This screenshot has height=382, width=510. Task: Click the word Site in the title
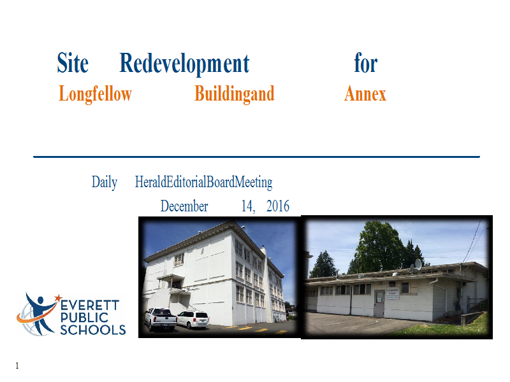pyautogui.click(x=73, y=62)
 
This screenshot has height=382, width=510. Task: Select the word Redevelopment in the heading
pyautogui.click(x=184, y=64)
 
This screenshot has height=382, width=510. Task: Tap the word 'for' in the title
pyautogui.click(x=366, y=62)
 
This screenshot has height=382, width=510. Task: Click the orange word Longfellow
pyautogui.click(x=95, y=94)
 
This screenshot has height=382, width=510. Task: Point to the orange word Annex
pyautogui.click(x=365, y=94)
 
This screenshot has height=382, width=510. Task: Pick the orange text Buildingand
pyautogui.click(x=235, y=94)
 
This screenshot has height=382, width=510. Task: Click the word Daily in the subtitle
pyautogui.click(x=105, y=182)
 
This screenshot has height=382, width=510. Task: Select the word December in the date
pyautogui.click(x=184, y=206)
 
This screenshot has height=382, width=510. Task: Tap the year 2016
pyautogui.click(x=278, y=206)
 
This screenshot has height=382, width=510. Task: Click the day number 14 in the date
pyautogui.click(x=248, y=206)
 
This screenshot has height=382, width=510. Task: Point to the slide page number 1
pyautogui.click(x=17, y=365)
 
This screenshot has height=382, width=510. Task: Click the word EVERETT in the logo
pyautogui.click(x=90, y=306)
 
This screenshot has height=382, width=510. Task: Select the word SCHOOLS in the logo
pyautogui.click(x=93, y=330)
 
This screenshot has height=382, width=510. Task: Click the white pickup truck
pyautogui.click(x=161, y=319)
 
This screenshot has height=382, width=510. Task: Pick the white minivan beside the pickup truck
pyautogui.click(x=193, y=320)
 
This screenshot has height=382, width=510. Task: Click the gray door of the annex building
pyautogui.click(x=379, y=304)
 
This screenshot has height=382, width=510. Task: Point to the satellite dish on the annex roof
pyautogui.click(x=418, y=264)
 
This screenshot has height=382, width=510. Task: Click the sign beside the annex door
pyautogui.click(x=392, y=293)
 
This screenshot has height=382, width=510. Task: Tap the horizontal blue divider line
pyautogui.click(x=257, y=157)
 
